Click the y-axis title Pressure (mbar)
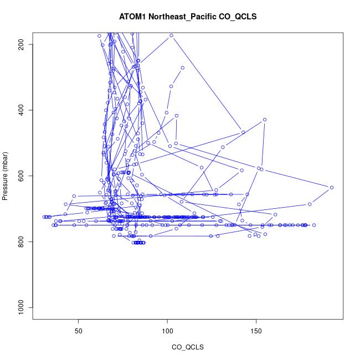coord(8,176)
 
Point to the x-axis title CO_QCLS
coord(188,347)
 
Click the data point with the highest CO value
coord(331,188)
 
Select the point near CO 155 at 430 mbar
coord(265,120)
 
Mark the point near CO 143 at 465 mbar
coord(243,132)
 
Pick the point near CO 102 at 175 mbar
coord(171,35)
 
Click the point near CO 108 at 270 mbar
coord(182,68)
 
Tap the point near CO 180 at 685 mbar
coord(310,204)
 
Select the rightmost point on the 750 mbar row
coord(313,225)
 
